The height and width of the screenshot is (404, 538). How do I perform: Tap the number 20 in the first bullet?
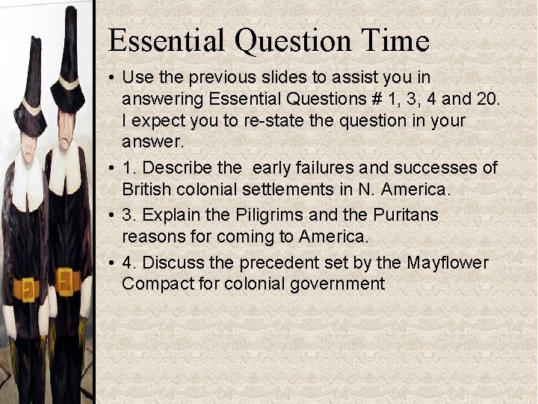(x=489, y=99)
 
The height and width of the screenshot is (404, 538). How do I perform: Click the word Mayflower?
(x=448, y=263)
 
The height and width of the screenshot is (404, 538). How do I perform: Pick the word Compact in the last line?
(x=154, y=284)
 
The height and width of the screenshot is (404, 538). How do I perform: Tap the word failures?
(x=320, y=168)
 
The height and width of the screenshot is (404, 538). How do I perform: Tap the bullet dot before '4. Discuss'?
(x=111, y=263)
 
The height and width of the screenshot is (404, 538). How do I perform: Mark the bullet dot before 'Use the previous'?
(x=111, y=77)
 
